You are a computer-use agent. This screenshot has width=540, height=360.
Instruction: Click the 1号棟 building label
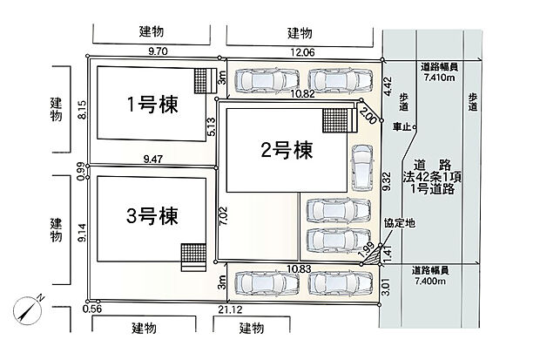(x=152, y=105)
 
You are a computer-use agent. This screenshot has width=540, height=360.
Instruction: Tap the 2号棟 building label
(x=287, y=150)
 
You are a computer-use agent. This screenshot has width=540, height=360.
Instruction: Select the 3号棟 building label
(x=152, y=216)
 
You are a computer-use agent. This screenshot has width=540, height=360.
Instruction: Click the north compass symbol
(x=28, y=309)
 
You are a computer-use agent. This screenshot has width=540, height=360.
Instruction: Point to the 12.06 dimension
(x=302, y=52)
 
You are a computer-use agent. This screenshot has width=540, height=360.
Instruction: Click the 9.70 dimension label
(x=158, y=51)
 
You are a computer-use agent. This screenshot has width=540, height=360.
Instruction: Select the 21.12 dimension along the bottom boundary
(x=230, y=309)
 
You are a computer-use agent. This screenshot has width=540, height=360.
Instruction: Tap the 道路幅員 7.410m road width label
(x=439, y=71)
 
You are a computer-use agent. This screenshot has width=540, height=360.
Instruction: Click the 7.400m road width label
(x=430, y=281)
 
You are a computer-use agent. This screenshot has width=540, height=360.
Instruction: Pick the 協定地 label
(x=400, y=223)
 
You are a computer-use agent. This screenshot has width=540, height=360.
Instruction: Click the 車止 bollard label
(x=402, y=127)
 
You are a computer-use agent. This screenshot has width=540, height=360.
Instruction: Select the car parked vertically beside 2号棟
(x=362, y=167)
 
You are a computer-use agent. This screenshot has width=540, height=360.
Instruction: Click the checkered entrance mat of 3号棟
(x=193, y=255)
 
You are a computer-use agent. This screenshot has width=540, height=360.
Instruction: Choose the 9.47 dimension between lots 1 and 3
(x=153, y=160)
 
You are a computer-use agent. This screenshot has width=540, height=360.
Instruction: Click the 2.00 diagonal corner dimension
(x=368, y=115)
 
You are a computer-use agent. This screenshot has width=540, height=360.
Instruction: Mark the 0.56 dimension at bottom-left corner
(x=92, y=309)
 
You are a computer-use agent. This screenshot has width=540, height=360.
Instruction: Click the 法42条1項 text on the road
(x=432, y=177)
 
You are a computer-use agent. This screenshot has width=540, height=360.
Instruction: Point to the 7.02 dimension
(x=224, y=216)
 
